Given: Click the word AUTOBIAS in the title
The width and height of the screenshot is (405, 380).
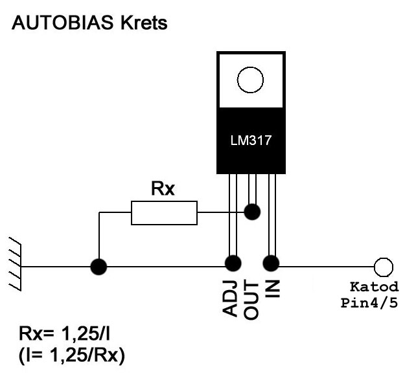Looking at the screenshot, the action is tap(62, 23).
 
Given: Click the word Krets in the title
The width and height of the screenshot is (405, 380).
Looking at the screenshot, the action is tap(144, 23).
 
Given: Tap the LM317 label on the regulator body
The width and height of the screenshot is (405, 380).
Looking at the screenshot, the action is tap(251, 140).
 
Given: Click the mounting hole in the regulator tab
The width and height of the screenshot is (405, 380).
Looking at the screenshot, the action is tap(250, 80).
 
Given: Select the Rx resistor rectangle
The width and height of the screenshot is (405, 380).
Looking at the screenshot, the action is tap(165, 213).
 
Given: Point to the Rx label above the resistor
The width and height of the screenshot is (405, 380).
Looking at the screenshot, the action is tap(163, 188).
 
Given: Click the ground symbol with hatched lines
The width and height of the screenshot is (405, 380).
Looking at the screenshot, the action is tap(15, 264).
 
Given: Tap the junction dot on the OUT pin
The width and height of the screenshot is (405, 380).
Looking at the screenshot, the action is tap(252, 212).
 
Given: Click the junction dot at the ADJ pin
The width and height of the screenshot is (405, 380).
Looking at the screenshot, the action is tap(233, 263).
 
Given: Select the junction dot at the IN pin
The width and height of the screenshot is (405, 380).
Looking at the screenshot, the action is tap(271, 263).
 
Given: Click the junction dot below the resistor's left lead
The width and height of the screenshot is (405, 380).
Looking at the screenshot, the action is tap(98, 267).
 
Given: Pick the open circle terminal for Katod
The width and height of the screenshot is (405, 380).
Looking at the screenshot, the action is tap(384, 267).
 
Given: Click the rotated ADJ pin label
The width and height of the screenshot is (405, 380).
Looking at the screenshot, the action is tap(230, 298).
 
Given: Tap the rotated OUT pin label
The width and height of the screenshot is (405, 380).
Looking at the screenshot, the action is tap(251, 301).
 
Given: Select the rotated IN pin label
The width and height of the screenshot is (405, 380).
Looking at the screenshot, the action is tap(273, 289).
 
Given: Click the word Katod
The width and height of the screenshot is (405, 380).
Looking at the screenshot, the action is tap(375, 287).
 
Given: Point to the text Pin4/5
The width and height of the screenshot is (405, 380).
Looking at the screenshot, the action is tap(369, 303).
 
